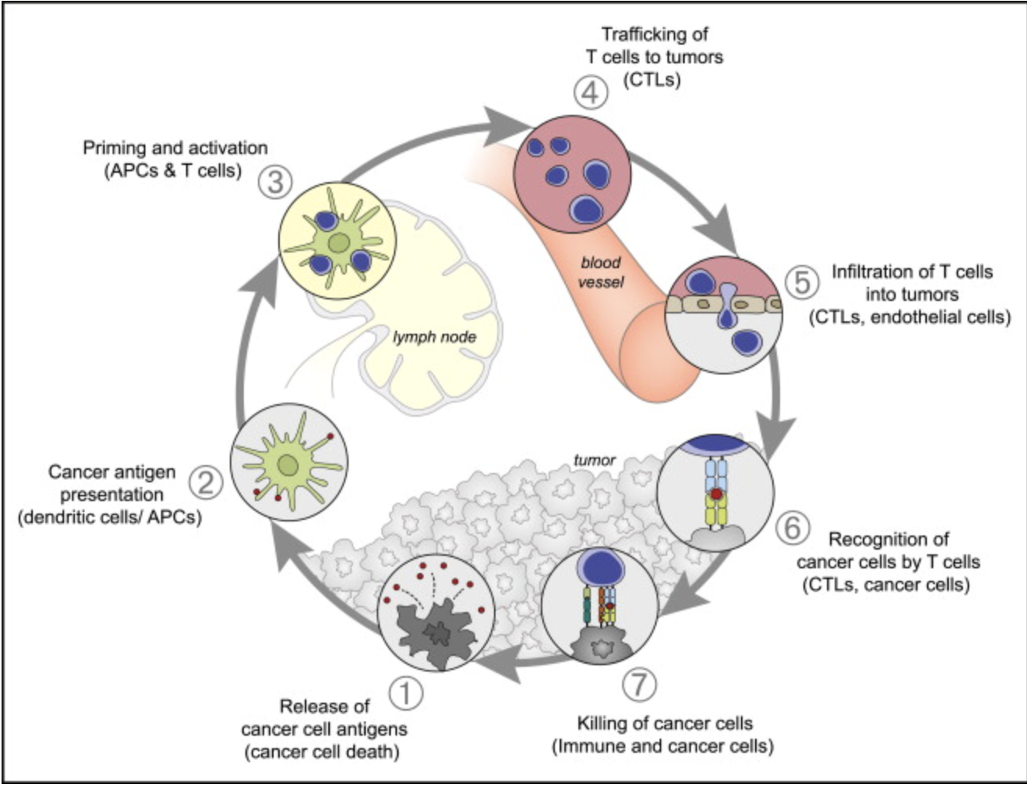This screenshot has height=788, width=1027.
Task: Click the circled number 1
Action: pos(406,693)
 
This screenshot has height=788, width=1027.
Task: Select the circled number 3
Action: pos(276,182)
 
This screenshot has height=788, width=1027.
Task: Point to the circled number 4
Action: pos(591,92)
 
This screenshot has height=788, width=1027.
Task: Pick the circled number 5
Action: pos(802,282)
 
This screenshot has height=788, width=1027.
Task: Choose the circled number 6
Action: pos(793,528)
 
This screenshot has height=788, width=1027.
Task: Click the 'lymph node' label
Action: pos(435,338)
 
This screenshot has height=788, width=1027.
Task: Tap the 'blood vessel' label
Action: pos(601,272)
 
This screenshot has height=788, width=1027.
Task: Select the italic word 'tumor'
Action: pos(594,460)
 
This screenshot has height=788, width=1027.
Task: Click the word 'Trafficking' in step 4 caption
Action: pos(655,34)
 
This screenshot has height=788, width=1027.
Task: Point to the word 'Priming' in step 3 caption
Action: pos(114,149)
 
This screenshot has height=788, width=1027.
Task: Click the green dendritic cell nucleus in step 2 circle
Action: pos(288,465)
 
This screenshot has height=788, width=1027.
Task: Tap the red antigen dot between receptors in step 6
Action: pos(717,494)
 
